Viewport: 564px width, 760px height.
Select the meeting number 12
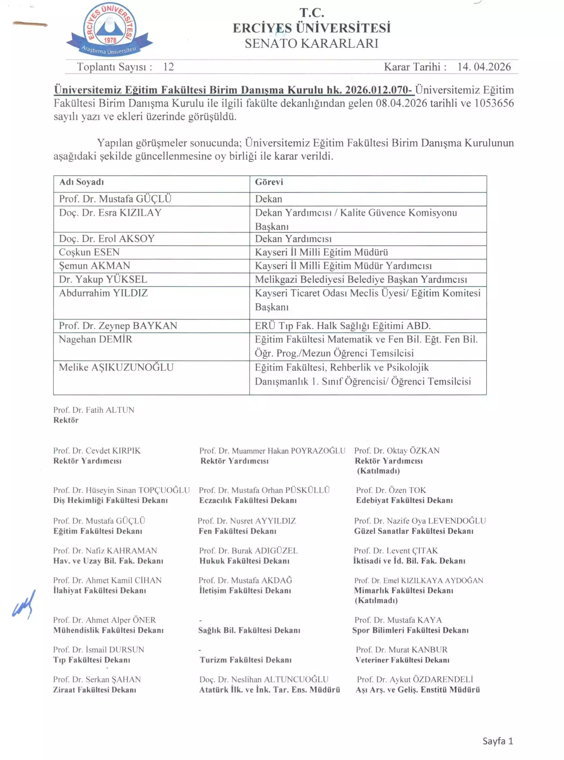point(168,67)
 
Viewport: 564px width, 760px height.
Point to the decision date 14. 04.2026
point(484,67)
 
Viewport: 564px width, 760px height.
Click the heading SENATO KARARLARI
point(311,44)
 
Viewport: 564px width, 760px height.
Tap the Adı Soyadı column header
point(82,182)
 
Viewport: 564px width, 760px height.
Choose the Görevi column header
point(269,182)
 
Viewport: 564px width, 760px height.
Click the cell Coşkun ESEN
point(89,252)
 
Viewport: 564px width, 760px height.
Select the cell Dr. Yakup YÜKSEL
point(103,279)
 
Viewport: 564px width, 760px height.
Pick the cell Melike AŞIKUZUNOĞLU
point(116,367)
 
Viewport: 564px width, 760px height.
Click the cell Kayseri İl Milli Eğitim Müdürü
point(321,252)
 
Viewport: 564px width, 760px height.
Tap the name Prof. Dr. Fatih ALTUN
point(93,410)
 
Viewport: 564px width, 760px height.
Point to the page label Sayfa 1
point(498,741)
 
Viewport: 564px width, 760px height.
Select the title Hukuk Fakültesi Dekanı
point(244,561)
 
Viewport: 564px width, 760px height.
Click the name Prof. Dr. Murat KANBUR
point(401,650)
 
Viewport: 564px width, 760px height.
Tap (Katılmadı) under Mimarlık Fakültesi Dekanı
point(376,600)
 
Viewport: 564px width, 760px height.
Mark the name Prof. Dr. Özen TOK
point(391,490)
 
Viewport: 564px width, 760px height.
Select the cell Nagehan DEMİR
point(95,339)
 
